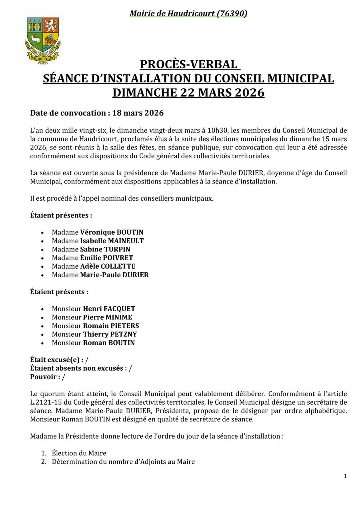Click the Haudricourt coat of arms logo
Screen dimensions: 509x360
(43, 40)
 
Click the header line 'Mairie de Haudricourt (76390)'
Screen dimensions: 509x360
(188, 14)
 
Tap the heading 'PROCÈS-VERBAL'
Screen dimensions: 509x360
(188, 64)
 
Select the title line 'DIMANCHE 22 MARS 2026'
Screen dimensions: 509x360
(188, 93)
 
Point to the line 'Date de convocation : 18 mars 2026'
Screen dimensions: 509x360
(97, 113)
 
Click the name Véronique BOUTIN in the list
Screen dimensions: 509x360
(112, 232)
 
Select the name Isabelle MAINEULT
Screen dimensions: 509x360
(112, 241)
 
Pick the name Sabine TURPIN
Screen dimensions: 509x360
(105, 250)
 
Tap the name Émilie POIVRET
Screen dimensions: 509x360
(106, 258)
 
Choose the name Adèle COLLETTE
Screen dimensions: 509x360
(108, 266)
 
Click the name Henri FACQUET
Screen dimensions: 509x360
(109, 309)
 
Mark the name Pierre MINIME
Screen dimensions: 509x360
(107, 317)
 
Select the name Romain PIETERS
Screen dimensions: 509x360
(111, 326)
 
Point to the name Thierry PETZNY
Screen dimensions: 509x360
(110, 334)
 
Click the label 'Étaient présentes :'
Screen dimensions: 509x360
(61, 216)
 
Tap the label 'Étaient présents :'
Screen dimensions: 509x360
(59, 292)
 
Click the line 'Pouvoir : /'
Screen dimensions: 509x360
(48, 377)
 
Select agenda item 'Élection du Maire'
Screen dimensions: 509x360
(79, 453)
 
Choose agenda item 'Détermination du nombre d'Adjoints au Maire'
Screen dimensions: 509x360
(123, 462)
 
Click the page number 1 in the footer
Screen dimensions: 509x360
(345, 476)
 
